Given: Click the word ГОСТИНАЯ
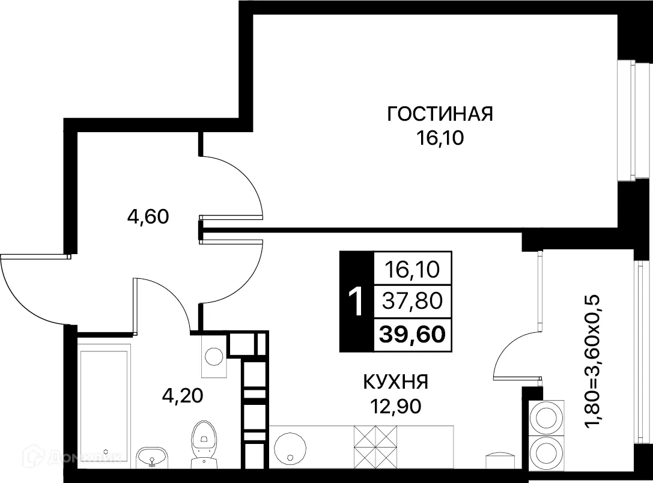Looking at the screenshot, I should click(440, 114).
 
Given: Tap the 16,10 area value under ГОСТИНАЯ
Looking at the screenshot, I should click(440, 139).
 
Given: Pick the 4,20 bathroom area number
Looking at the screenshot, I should click(183, 395).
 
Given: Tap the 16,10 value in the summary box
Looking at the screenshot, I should click(413, 269).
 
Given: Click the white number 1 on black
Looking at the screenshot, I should click(356, 302).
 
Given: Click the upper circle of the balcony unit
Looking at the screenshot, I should click(546, 416).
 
